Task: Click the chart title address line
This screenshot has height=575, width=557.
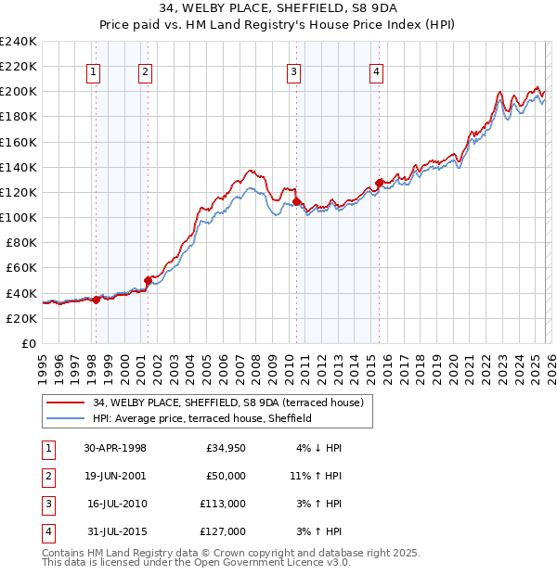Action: (278, 9)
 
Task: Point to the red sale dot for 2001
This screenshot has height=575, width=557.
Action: (148, 280)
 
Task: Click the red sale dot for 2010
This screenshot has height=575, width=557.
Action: (296, 200)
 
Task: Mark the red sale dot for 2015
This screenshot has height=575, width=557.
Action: (379, 183)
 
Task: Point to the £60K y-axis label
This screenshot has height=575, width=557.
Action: (20, 268)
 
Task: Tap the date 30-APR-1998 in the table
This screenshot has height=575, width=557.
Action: (115, 448)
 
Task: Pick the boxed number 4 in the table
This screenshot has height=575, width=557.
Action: (45, 531)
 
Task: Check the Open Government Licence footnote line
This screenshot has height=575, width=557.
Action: (197, 563)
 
